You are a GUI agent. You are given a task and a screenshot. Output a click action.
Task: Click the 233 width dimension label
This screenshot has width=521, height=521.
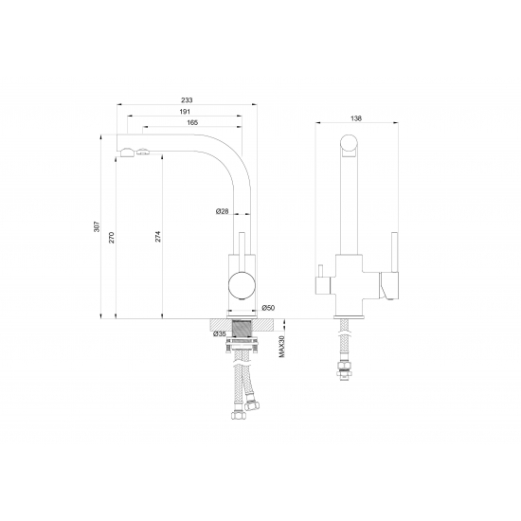[x=187, y=100]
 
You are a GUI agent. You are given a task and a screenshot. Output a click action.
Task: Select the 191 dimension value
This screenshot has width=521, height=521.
[x=185, y=112]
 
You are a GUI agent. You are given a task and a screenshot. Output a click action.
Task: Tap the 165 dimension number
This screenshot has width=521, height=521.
[x=192, y=122]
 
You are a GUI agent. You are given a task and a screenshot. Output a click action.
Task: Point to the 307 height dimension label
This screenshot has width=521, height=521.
[x=97, y=226]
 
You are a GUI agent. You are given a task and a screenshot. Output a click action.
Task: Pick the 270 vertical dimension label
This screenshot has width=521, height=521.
[x=112, y=238]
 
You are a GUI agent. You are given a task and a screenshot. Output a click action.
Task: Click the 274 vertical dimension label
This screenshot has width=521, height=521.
[x=158, y=236]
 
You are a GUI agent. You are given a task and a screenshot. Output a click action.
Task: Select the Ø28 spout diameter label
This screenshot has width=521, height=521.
[x=223, y=211]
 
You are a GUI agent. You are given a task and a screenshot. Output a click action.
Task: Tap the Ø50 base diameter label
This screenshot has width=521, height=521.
[x=268, y=308]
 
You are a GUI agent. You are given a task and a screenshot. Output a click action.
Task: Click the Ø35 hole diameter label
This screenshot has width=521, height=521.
[x=220, y=333]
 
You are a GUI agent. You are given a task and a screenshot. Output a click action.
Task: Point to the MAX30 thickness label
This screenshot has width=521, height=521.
[x=282, y=347]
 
